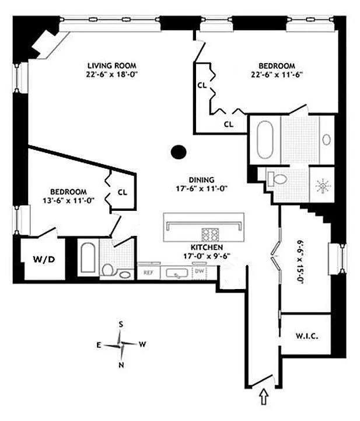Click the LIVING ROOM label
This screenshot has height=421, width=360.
click(112, 65)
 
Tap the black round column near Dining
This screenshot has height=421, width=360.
click(179, 152)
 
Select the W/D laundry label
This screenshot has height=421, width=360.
click(44, 259)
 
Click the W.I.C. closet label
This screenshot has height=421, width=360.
click(307, 336)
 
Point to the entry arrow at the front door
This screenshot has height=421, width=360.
click(264, 397)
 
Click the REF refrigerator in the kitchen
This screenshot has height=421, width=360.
click(148, 273)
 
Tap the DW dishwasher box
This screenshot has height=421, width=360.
click(200, 272)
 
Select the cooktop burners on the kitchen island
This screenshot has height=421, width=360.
click(210, 234)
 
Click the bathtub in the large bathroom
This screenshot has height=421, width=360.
click(265, 140)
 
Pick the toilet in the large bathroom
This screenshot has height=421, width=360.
click(277, 179)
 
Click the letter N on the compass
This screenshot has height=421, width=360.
click(121, 365)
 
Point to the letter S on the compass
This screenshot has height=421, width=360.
click(121, 324)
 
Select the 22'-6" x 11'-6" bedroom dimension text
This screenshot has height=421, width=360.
click(277, 74)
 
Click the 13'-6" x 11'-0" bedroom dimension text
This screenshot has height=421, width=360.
click(68, 200)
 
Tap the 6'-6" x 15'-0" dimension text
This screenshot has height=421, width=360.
click(300, 262)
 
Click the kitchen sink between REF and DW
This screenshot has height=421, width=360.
click(177, 273)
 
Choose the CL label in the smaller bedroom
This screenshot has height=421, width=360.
click(123, 192)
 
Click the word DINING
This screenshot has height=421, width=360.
click(202, 180)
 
